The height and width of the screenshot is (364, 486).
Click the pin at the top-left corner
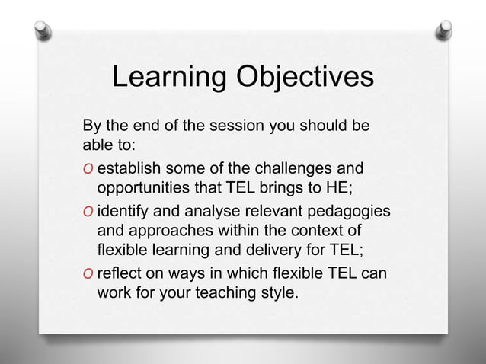43,30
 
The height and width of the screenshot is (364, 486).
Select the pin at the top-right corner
443,30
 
